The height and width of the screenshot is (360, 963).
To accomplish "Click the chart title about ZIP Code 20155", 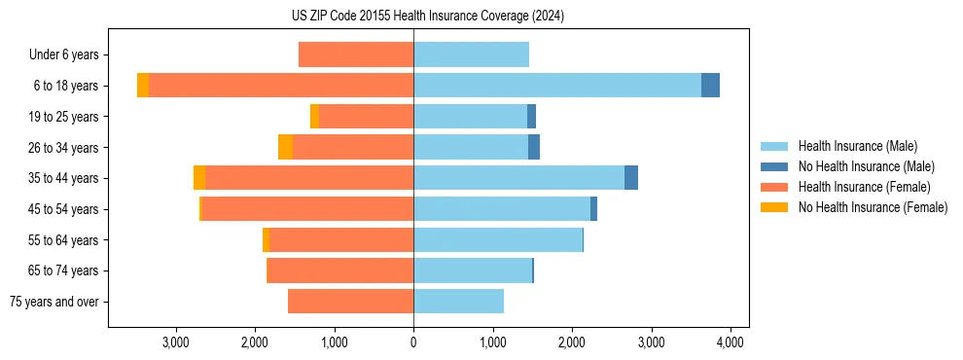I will coord(427,17).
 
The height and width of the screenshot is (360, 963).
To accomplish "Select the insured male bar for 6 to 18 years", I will coord(556,86).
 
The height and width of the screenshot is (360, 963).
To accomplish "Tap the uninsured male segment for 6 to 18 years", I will coord(710,86).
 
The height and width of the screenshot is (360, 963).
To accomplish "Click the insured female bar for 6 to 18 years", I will coord(281,86).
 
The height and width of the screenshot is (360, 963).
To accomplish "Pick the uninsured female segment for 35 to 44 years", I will coord(199,178).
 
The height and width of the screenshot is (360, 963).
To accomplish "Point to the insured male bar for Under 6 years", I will coord(471,54).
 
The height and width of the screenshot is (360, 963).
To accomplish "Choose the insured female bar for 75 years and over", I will coord(350,302).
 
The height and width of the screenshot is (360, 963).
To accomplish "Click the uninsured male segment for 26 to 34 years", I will coord(534,147).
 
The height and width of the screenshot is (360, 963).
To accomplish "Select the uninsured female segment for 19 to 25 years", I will coord(314,117).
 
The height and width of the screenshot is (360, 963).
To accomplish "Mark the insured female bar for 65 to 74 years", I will coord(339,270).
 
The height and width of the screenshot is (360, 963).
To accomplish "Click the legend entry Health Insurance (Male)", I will coord(857,146).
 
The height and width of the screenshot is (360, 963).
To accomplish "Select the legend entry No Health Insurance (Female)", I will coord(873,207).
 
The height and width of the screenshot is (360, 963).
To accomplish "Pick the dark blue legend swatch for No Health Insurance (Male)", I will coord(774,166).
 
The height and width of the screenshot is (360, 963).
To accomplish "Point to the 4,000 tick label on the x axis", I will coord(731,342).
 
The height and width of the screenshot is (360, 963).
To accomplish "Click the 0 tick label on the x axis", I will coord(413,342).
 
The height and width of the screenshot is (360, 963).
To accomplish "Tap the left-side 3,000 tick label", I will coord(175,342).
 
